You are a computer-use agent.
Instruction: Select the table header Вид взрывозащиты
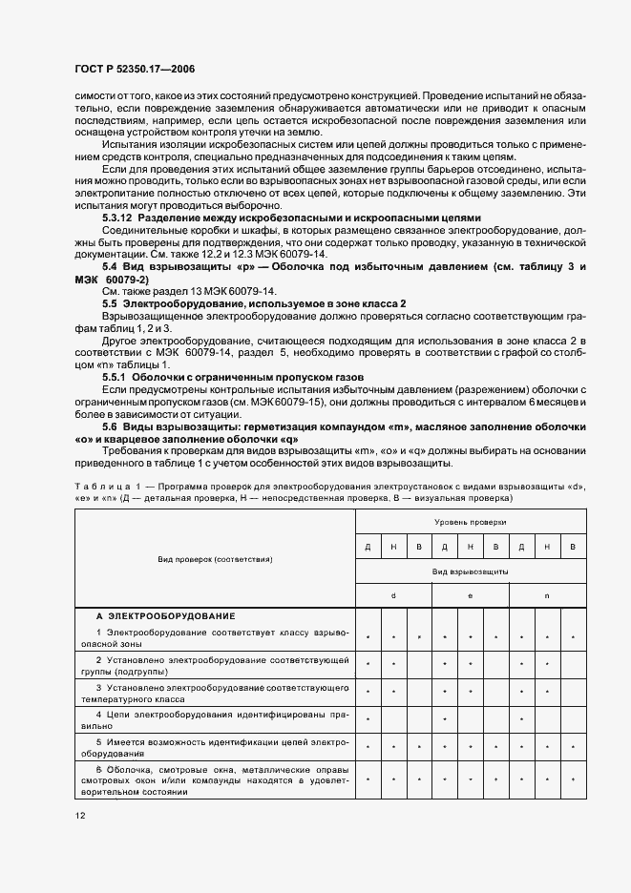click(x=470, y=571)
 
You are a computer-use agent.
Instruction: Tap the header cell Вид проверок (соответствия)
click(x=216, y=559)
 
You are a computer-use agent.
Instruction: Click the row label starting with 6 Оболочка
click(x=216, y=780)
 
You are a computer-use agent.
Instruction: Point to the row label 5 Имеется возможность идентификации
click(x=216, y=746)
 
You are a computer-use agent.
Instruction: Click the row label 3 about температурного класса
click(x=216, y=692)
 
